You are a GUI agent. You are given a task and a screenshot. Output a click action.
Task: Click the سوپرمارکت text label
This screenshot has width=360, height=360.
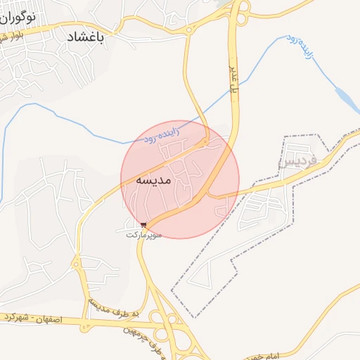[x=143, y=233]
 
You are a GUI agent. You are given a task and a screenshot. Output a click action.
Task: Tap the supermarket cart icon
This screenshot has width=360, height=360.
[x=144, y=225]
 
